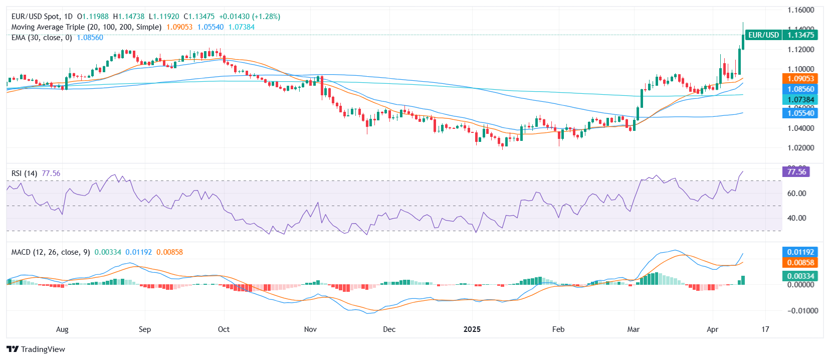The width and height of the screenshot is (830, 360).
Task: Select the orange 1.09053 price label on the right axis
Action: pos(800,79)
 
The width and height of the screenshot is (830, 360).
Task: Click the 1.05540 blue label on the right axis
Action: pos(800,113)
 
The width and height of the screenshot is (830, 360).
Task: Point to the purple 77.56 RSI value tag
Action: pos(796,172)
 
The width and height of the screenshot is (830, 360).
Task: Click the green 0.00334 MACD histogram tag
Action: pos(800,276)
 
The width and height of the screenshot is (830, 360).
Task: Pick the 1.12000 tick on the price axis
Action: pos(800,50)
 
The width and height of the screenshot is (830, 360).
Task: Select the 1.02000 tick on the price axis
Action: pos(800,148)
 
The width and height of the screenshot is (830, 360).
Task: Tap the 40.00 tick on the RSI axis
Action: pos(796,218)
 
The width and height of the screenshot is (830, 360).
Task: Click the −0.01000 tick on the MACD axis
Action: pos(799,311)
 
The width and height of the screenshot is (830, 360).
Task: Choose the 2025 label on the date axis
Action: pos(472,329)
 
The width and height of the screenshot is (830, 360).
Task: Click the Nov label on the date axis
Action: pos(310,329)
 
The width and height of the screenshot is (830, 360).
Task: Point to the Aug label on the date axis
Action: pos(62,329)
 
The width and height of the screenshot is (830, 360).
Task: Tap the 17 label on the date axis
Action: pos(765,329)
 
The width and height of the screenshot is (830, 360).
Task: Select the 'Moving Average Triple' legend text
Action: pos(48,27)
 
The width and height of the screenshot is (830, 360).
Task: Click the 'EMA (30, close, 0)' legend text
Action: pos(42,38)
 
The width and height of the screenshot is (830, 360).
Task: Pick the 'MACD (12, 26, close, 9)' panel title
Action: pos(51,252)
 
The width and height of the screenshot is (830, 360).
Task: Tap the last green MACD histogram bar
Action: pos(743,280)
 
